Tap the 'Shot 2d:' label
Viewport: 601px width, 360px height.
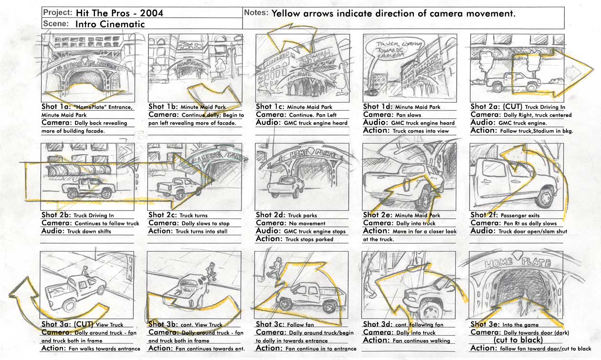(x=271, y=215)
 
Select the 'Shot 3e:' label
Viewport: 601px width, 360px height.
(x=485, y=324)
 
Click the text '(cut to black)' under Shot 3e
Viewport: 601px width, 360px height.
(x=518, y=340)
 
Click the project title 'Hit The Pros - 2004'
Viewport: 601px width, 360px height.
(x=119, y=13)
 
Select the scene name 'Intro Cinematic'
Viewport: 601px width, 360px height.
(x=110, y=23)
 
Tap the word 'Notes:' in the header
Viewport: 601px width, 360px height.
(x=256, y=12)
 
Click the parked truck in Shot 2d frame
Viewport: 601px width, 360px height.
(x=285, y=185)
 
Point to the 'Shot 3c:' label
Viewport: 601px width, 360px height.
(x=271, y=324)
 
